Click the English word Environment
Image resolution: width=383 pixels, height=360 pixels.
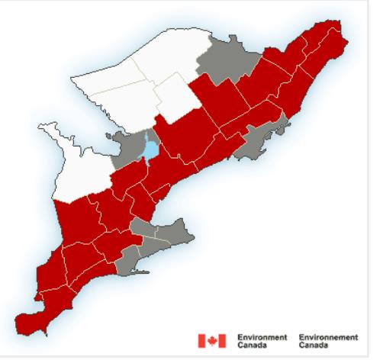coord(262,335)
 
